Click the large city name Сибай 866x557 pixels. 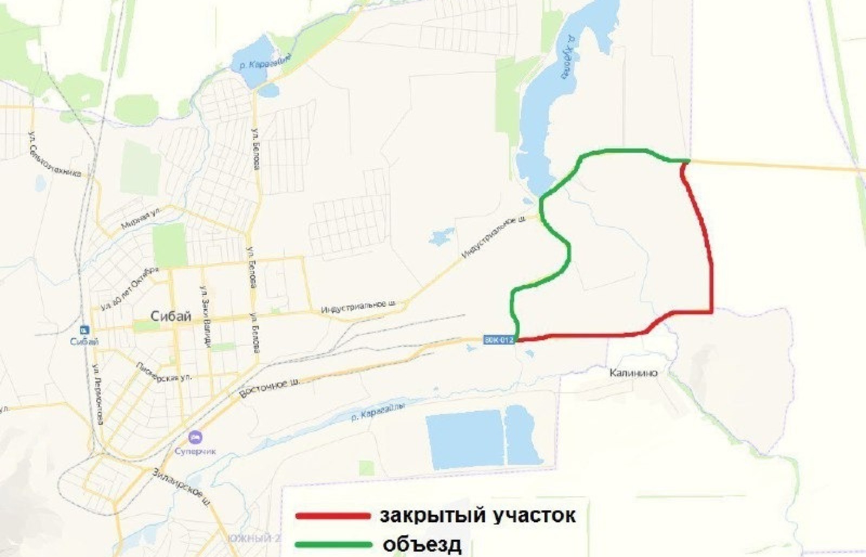click(x=170, y=316)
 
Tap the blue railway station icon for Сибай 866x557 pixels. click(x=84, y=329)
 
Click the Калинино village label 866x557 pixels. click(x=633, y=373)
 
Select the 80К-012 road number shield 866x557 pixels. click(x=498, y=340)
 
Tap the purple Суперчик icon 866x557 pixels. click(x=195, y=436)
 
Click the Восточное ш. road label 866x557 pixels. click(x=270, y=387)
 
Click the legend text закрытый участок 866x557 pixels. click(x=477, y=515)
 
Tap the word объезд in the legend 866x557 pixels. click(x=422, y=544)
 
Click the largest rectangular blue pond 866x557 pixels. click(x=464, y=439)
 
